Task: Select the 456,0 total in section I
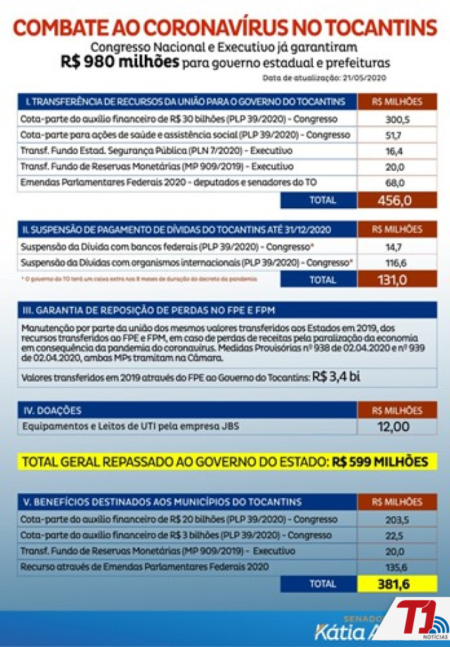click(x=394, y=200)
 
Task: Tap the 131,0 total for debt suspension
click(x=394, y=279)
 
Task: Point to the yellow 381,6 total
click(x=394, y=584)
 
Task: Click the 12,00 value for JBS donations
click(x=394, y=426)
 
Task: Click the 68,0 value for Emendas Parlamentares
click(x=394, y=182)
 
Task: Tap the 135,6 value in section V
click(x=394, y=566)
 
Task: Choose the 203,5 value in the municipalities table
click(x=394, y=520)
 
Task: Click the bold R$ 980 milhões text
click(x=120, y=63)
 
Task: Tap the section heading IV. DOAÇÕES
click(x=53, y=410)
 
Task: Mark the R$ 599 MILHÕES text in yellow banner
click(x=380, y=462)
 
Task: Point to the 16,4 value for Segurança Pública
click(x=394, y=150)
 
